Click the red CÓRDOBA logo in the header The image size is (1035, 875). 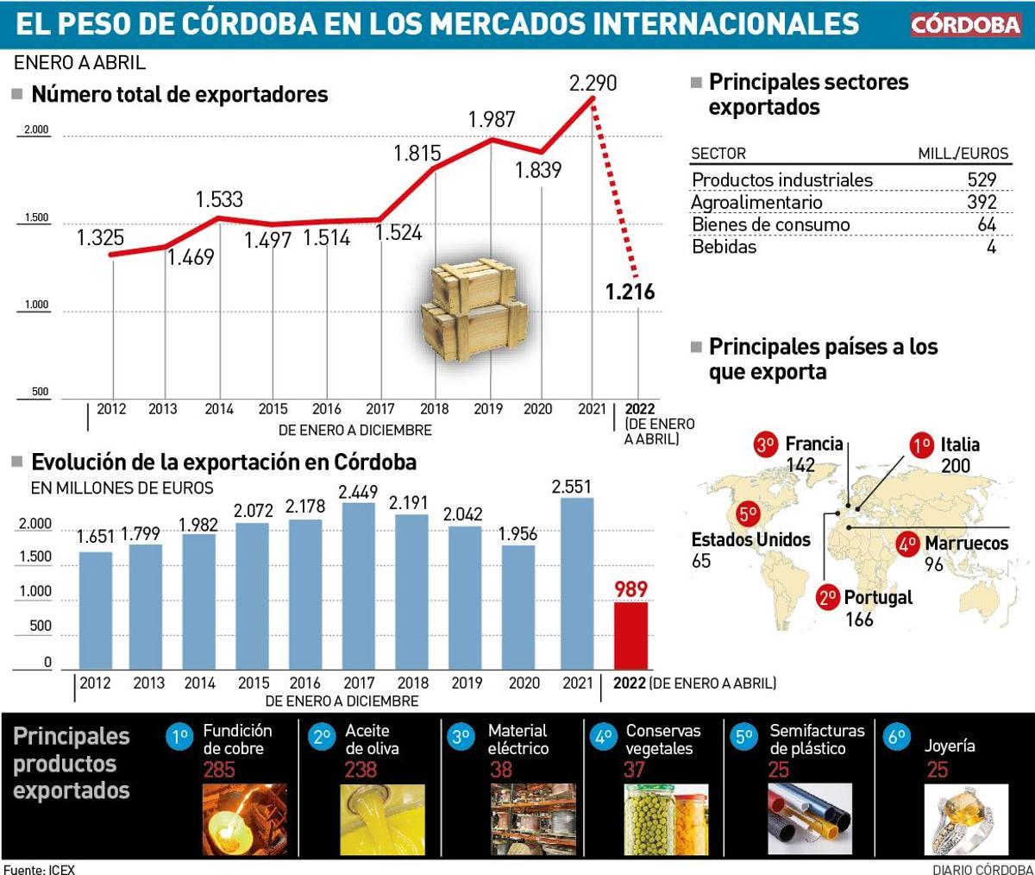(966, 24)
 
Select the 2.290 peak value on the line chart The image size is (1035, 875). (593, 84)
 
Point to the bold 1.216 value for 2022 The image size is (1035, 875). (630, 292)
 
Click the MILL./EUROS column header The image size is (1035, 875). (963, 154)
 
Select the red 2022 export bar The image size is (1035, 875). (630, 634)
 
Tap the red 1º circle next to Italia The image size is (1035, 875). (922, 445)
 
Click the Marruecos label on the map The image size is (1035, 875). (966, 544)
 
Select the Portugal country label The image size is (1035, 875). (877, 597)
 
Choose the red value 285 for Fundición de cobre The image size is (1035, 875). (219, 770)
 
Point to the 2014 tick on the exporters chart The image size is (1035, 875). (219, 409)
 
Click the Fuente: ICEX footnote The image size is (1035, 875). (40, 868)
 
